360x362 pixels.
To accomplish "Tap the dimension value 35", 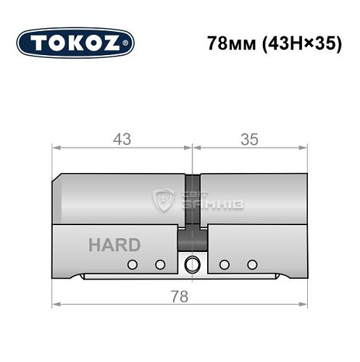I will click(x=248, y=139).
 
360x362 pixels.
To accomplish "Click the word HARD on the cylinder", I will click(x=114, y=245).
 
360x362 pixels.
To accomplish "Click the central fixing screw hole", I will click(x=192, y=264).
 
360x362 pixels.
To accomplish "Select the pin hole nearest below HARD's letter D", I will click(x=132, y=264).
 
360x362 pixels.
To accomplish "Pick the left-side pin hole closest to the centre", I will click(x=160, y=264).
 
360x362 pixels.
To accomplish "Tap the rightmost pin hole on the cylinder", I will click(x=252, y=264).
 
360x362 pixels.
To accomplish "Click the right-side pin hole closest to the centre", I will click(x=225, y=264).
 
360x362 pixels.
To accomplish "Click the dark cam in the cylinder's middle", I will click(x=192, y=206).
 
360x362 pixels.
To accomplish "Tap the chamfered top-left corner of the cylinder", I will click(x=59, y=177).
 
